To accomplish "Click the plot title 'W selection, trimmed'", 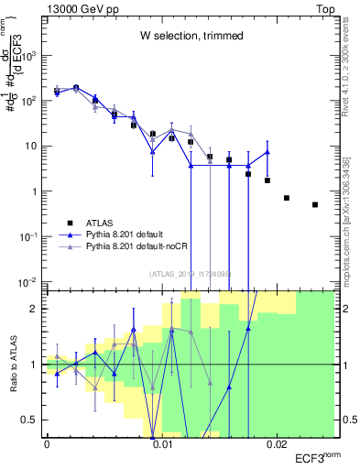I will (x=191, y=36).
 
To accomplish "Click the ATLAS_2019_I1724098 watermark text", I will (x=190, y=273).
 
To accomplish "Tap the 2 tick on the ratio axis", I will (x=37, y=308).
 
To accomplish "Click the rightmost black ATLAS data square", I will (x=315, y=204).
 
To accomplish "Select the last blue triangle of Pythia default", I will (x=267, y=152).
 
